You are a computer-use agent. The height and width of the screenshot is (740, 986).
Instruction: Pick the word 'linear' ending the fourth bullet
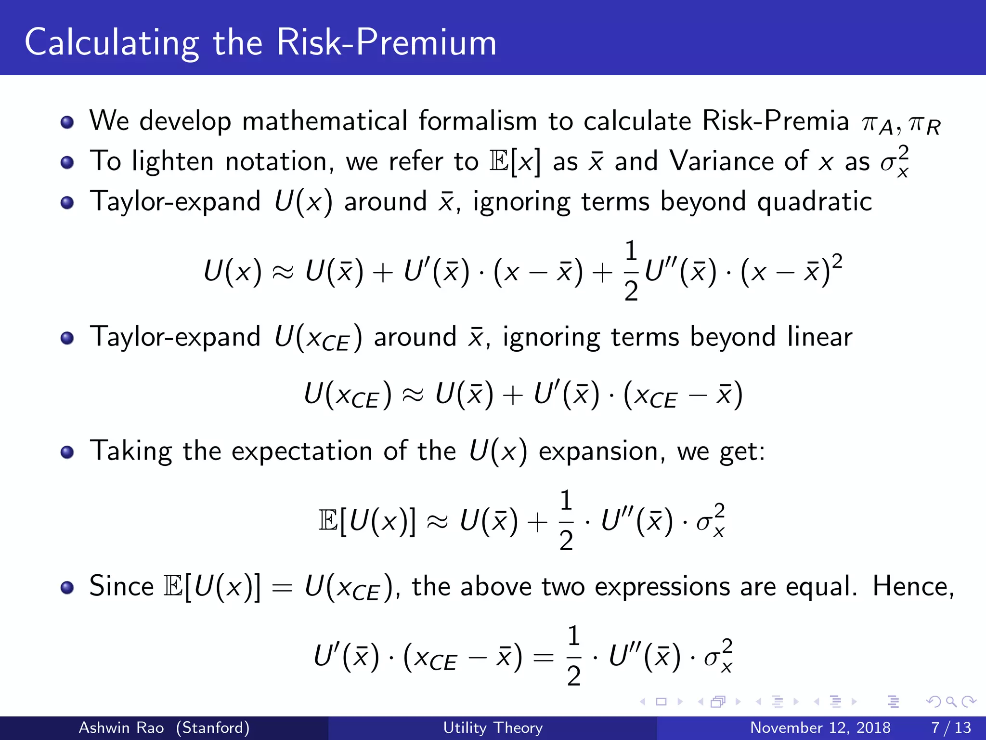(x=819, y=337)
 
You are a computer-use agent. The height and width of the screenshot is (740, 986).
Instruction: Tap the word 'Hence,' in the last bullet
(x=913, y=587)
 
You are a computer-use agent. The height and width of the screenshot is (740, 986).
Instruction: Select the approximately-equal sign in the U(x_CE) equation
(x=413, y=395)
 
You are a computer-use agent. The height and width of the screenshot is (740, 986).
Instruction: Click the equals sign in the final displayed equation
(x=544, y=657)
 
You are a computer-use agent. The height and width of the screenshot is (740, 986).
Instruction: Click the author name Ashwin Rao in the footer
(x=121, y=727)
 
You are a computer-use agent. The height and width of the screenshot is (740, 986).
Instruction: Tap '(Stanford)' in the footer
(x=212, y=727)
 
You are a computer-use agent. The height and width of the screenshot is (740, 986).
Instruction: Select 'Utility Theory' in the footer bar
(x=493, y=727)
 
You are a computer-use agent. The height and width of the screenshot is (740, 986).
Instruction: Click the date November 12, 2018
(x=820, y=727)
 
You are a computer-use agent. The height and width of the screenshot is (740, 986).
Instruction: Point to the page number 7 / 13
(x=951, y=727)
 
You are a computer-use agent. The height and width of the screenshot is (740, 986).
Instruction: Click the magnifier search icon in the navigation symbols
(x=951, y=701)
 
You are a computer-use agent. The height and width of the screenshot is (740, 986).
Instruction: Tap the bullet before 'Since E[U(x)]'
(x=67, y=588)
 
